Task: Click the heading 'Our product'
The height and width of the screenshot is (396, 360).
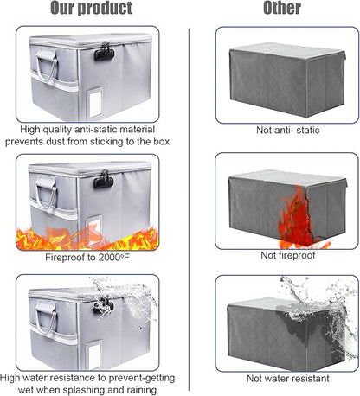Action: click(91, 8)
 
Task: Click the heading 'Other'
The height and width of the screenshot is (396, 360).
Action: click(282, 8)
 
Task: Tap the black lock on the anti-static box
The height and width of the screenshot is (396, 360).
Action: click(104, 52)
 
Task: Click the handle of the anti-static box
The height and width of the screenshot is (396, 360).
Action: click(46, 66)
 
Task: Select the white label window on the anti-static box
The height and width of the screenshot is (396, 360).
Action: click(96, 102)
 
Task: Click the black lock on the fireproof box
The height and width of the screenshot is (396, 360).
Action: click(104, 180)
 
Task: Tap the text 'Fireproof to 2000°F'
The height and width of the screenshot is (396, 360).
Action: click(87, 257)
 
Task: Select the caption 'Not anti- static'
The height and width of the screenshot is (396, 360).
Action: click(288, 130)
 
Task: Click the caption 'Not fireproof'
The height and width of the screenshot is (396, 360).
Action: click(288, 255)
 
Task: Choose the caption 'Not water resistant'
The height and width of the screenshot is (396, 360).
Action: click(288, 379)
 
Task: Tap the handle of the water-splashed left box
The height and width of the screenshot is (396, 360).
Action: click(46, 318)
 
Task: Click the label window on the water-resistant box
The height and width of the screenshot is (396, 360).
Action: click(94, 355)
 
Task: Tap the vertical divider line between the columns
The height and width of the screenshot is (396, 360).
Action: click(189, 209)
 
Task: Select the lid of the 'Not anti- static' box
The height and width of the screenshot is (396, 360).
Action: click(287, 51)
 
